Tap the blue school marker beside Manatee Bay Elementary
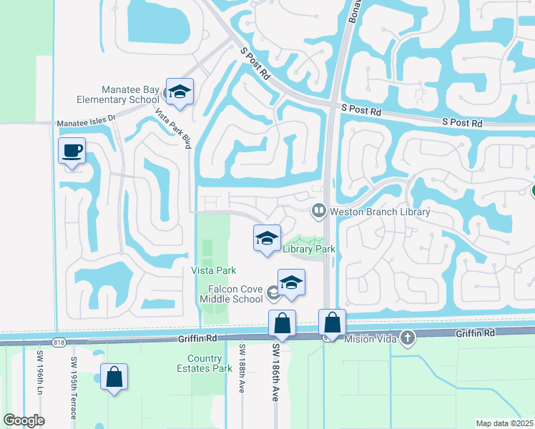[x=180, y=92]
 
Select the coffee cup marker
[x=72, y=152]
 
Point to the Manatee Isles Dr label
[x=86, y=123]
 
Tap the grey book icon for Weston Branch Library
[x=318, y=212]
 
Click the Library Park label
[x=309, y=249]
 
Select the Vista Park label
[x=213, y=270]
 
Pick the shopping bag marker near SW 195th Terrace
[x=114, y=377]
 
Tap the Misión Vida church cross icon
[x=408, y=338]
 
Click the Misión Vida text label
[x=372, y=338]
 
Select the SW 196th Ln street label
[x=40, y=372]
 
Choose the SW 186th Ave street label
[x=275, y=372]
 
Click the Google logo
[x=24, y=420]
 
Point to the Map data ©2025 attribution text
[x=504, y=423]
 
